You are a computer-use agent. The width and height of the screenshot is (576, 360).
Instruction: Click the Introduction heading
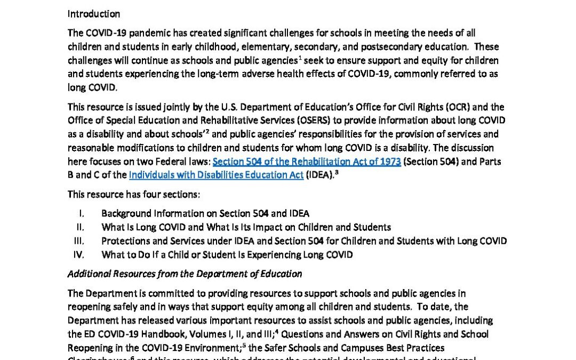point(93,14)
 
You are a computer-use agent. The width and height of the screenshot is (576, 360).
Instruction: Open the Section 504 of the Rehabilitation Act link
point(307,161)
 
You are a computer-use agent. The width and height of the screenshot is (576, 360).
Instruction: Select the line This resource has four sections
point(134,195)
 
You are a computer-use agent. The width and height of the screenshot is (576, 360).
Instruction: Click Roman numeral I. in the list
point(82,214)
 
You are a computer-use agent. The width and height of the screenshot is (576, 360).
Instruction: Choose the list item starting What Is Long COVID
point(246,227)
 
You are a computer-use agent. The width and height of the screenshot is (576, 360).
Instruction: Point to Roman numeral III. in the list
point(79,241)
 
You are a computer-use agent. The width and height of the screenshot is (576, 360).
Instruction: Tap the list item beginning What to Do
point(227,255)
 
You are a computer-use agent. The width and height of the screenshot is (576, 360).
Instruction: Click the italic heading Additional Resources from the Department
point(185,274)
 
